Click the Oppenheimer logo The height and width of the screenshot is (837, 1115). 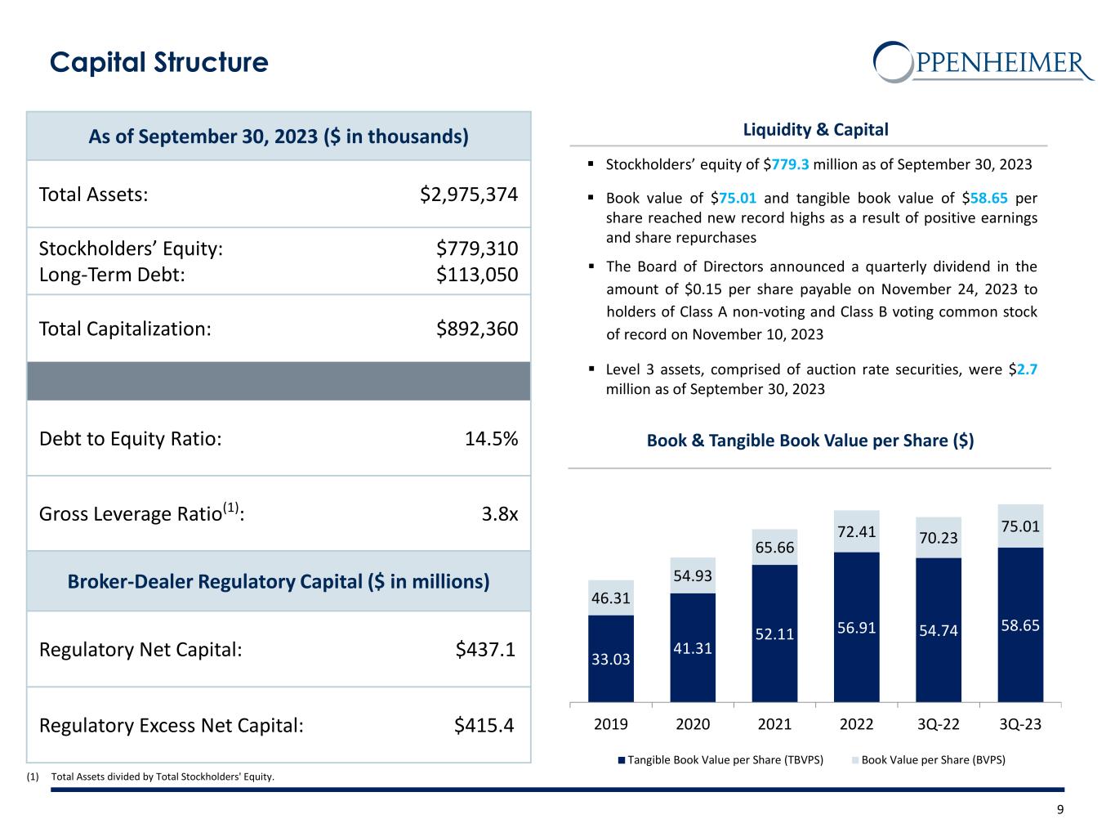983,62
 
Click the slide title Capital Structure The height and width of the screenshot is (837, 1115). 159,63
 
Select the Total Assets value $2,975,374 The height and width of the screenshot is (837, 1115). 469,195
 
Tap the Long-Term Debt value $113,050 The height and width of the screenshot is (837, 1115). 477,275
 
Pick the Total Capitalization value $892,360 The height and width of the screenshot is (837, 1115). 477,329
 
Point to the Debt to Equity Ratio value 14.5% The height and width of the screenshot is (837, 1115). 491,439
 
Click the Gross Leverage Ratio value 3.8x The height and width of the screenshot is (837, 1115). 500,514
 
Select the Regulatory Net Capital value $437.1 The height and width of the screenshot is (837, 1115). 485,650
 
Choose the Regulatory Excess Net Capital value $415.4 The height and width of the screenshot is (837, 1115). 484,726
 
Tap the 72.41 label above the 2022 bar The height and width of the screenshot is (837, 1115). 856,532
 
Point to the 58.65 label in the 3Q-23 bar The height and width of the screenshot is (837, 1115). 1020,625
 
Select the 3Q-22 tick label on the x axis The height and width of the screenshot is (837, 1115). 939,724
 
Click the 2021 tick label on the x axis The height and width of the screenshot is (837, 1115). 774,724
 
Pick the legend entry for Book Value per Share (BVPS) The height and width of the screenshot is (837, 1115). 929,760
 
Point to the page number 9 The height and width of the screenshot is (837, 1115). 1060,810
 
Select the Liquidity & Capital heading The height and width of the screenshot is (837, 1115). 815,129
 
